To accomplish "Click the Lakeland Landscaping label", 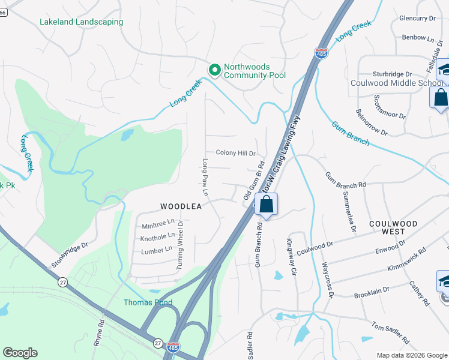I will pos(81,22).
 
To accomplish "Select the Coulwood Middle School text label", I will pos(396,83).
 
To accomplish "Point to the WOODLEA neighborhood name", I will pos(180,206).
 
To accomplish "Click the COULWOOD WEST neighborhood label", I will pos(393,227).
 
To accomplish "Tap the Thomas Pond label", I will pos(148,302).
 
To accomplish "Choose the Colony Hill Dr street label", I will pos(232,154).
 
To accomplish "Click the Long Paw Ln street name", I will pos(205,178).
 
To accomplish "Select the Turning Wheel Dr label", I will pos(179,247).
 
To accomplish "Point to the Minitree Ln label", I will pos(158,226).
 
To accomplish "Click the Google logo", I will pos(20,353).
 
